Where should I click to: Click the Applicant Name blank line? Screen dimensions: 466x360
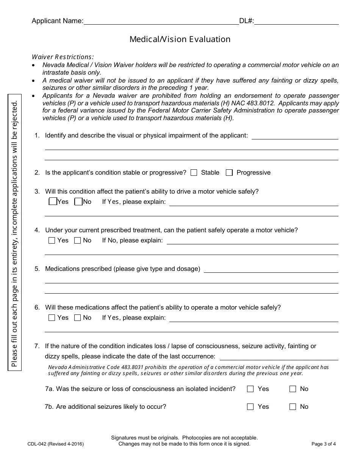coord(161,21)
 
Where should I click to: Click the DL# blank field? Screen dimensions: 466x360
coord(296,21)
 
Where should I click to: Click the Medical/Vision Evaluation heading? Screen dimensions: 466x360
coord(180,39)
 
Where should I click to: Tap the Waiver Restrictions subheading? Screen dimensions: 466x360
coord(63,57)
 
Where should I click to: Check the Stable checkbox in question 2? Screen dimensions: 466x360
coord(194,173)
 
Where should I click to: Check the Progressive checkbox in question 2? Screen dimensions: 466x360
coord(229,173)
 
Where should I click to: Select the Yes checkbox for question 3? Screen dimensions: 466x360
coord(53,202)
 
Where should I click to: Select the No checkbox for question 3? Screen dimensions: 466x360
coord(78,202)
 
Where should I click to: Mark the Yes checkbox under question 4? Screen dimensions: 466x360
coord(52,240)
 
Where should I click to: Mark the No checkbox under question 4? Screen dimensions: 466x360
coord(78,240)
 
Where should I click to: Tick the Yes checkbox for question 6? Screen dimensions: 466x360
coord(52,318)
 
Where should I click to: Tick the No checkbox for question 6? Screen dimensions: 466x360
coord(78,318)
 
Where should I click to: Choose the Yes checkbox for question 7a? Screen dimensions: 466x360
coord(250,389)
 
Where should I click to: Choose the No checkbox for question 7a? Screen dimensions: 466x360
coord(293,389)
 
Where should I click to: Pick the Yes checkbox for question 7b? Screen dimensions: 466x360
coord(250,407)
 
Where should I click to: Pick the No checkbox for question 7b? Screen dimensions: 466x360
coord(293,407)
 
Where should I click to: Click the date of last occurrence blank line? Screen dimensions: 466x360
coord(279,357)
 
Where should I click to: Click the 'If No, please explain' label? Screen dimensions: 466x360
coord(132,240)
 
